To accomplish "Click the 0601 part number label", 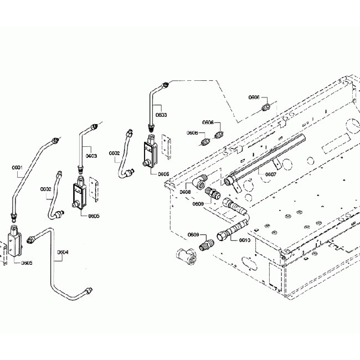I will pos(17,167).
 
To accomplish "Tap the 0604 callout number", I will pos(64,252).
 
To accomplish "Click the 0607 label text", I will pos(270,174).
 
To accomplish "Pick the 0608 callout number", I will pos(185,192).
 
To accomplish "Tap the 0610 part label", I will pos(245,240).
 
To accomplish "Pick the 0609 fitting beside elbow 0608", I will pos(213,194).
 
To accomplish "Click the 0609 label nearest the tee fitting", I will pos(193,235).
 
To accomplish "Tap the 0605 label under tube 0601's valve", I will pos(27,263).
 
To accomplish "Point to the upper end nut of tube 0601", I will pos(54,140).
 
